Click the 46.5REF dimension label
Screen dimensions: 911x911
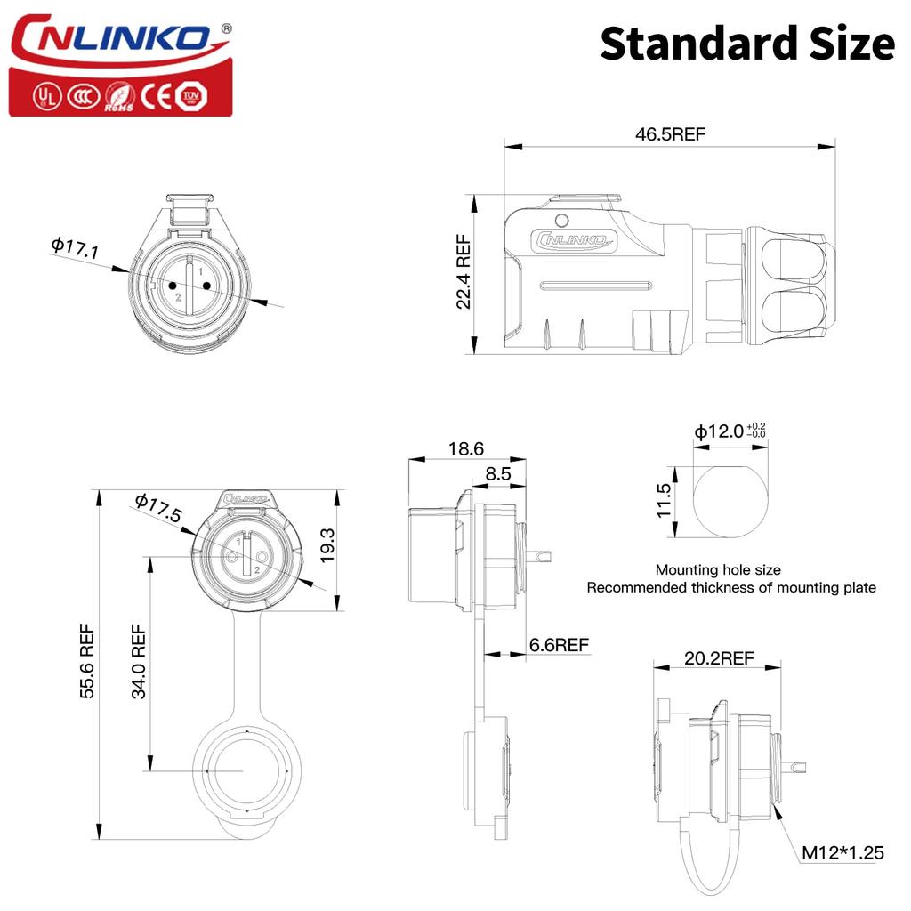pos(670,134)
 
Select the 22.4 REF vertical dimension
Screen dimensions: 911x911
pos(464,271)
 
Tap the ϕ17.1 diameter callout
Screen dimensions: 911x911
pos(75,247)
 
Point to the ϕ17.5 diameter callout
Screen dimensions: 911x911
pos(158,508)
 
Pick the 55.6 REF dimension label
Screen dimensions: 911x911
pos(86,663)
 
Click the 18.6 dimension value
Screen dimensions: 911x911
pos(466,449)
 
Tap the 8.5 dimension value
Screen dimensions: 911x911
pos(498,474)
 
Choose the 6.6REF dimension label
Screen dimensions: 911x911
pos(558,645)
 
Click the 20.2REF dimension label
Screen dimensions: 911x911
pos(719,658)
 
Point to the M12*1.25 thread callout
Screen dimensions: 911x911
pos(842,852)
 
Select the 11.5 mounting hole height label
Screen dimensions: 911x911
pos(662,502)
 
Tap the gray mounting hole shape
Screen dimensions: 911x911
pos(730,502)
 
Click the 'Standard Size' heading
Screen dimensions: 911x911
pos(746,43)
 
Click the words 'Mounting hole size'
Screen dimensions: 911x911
pos(718,569)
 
